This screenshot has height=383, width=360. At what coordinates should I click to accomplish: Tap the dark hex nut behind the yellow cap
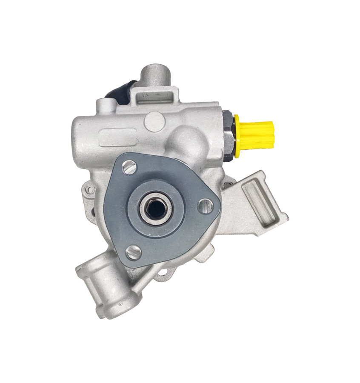pos(228,135)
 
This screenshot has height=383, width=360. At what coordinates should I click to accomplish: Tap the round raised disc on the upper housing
pos(154,121)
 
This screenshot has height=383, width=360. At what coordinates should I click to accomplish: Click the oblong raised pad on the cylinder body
pos(117,137)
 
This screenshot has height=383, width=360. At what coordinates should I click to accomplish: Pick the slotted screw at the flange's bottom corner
pos(134,252)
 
